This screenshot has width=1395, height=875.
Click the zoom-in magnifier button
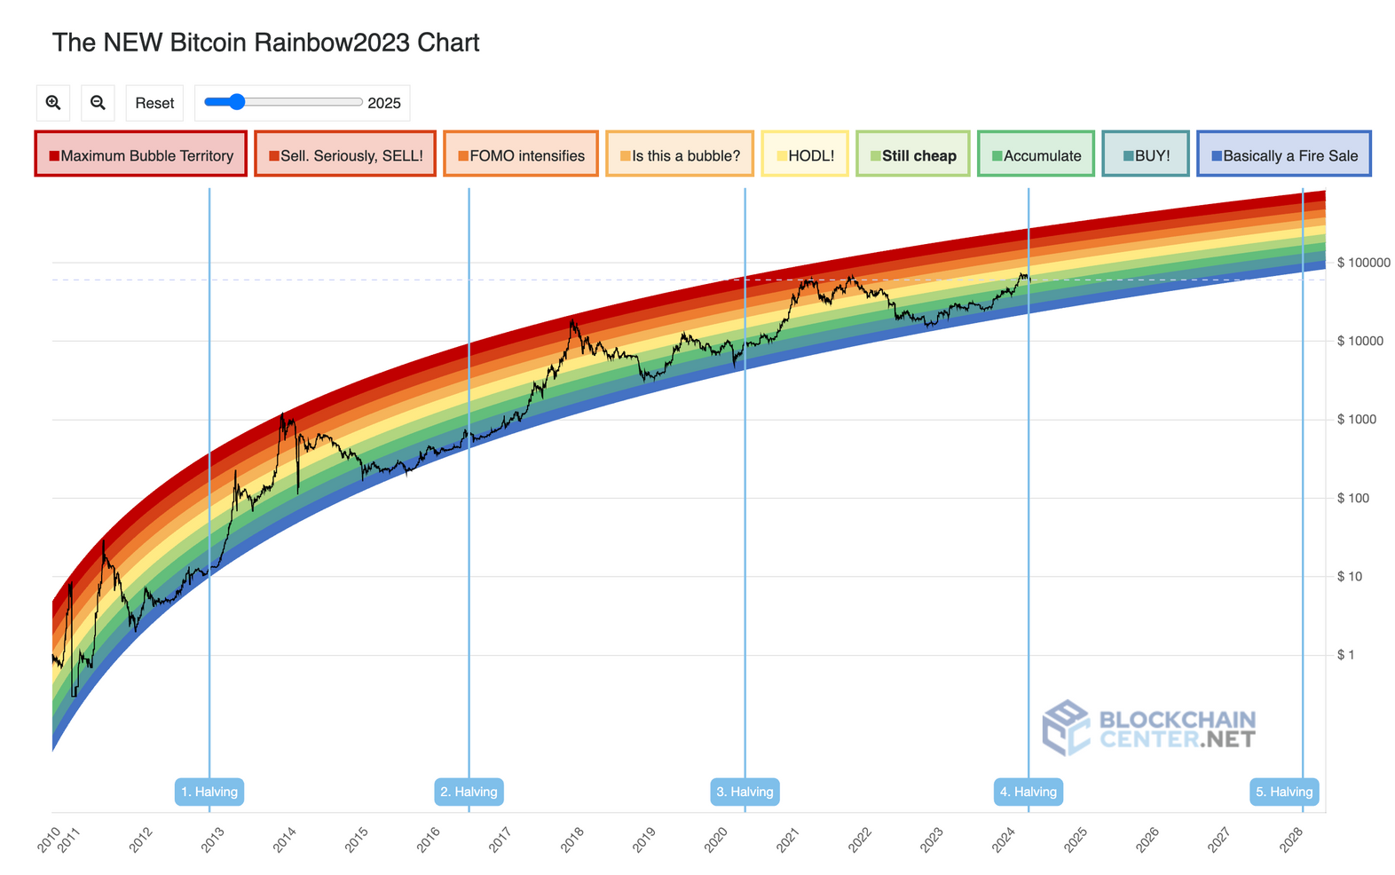point(53,103)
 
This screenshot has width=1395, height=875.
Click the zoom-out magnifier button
point(98,103)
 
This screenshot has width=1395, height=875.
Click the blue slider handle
point(236,102)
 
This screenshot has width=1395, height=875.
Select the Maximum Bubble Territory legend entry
point(140,154)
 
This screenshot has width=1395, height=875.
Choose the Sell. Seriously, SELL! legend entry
point(345,154)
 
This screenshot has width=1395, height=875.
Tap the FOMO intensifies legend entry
point(521,154)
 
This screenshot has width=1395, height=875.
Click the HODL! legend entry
point(805,154)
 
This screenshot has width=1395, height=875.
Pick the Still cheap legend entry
point(912,154)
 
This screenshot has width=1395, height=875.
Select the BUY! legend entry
point(1146,154)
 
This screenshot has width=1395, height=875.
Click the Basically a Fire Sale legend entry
point(1283,154)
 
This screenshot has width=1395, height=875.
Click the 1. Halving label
point(209,792)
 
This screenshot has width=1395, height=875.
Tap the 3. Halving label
point(745,792)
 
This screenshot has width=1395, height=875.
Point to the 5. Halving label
point(1284,792)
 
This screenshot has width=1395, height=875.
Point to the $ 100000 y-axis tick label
point(1363,264)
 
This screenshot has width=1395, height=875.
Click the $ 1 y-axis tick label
point(1345,655)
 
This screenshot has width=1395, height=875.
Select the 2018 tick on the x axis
point(571,839)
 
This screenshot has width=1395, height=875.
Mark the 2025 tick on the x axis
point(1075,839)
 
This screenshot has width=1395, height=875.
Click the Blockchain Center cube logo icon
point(1066,728)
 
